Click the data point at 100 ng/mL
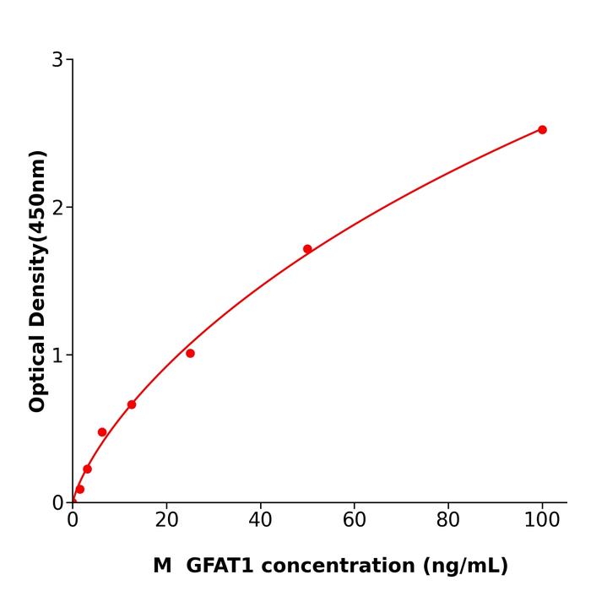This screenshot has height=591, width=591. click(x=542, y=130)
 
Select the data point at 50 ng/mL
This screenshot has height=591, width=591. click(x=307, y=249)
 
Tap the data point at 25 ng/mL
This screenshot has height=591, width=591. click(x=190, y=354)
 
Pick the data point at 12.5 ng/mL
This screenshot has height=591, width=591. click(x=132, y=404)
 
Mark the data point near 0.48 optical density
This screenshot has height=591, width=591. click(x=102, y=432)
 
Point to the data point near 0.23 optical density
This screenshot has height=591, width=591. click(x=87, y=469)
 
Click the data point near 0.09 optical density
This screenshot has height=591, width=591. click(x=80, y=490)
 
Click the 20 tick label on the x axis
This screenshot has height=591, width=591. click(x=166, y=521)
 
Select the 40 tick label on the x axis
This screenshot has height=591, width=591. click(x=260, y=521)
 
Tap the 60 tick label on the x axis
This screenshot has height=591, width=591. click(x=355, y=521)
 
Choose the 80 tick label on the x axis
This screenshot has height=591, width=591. click(x=448, y=521)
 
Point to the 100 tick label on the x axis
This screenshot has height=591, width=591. click(x=542, y=521)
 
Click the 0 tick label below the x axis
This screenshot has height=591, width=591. click(x=73, y=521)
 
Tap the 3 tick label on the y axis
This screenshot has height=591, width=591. click(x=57, y=60)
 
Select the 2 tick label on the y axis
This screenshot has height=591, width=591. click(x=57, y=208)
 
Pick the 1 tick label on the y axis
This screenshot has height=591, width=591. click(x=57, y=355)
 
